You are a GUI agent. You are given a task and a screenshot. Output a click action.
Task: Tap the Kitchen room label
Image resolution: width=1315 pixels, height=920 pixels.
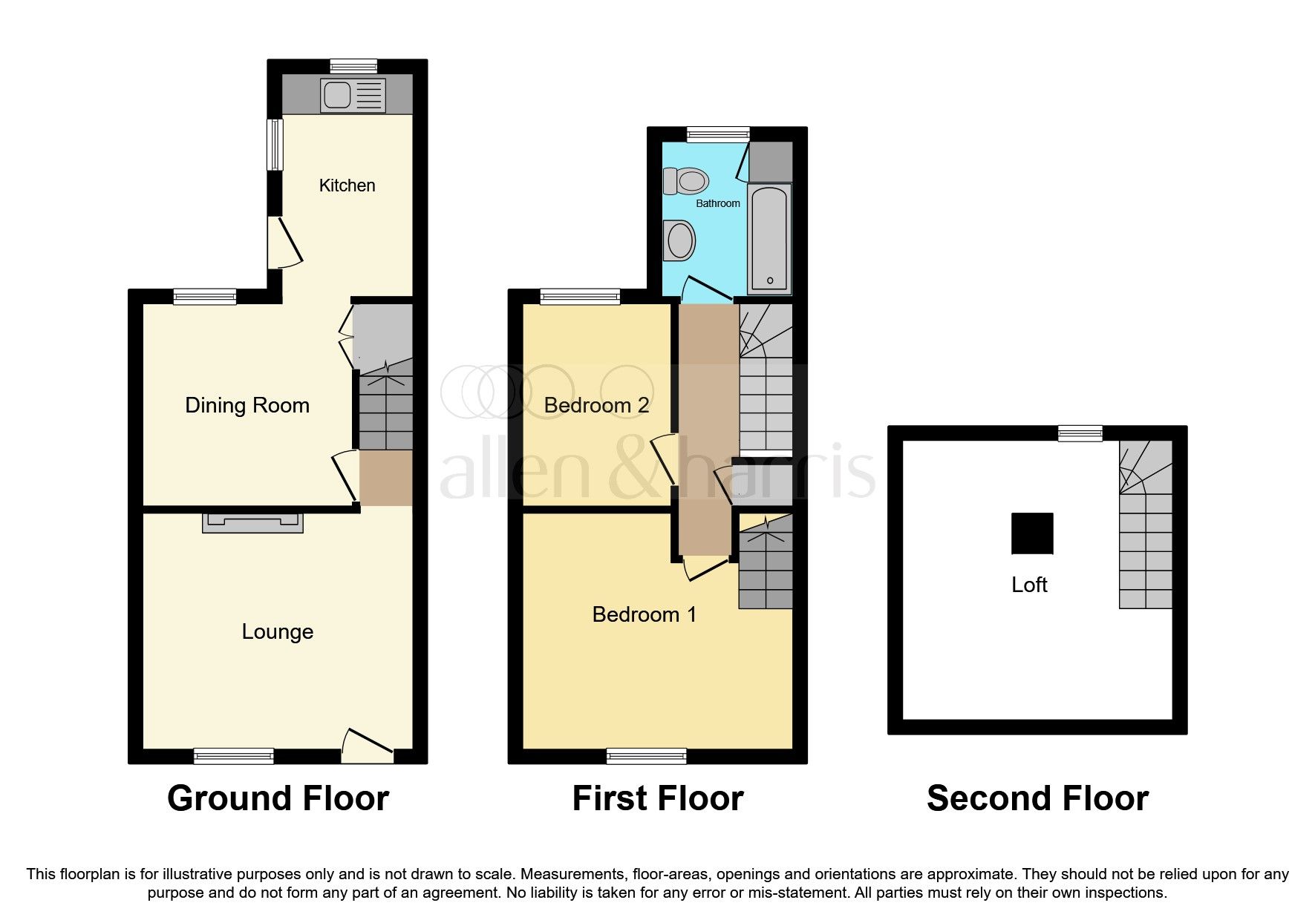pos(347,185)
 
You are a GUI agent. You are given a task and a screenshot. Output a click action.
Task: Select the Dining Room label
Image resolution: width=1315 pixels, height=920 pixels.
pos(247,405)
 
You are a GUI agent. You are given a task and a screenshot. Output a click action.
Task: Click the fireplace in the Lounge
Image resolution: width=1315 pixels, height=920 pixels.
pos(252,522)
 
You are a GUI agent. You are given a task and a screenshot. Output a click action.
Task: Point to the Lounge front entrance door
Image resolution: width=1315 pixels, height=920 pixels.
pos(367,746)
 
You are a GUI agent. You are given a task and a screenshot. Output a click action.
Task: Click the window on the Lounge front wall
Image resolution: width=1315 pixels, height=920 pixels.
pos(234,756)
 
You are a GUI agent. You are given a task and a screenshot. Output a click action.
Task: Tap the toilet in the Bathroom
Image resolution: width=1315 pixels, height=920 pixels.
pos(686,180)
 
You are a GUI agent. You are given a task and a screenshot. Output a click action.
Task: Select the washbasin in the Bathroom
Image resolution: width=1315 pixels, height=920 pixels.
pos(679,240)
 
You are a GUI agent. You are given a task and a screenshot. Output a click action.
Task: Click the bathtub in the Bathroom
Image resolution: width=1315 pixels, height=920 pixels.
pos(769,239)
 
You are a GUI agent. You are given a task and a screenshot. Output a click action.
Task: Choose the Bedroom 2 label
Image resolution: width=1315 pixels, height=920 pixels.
pos(596,405)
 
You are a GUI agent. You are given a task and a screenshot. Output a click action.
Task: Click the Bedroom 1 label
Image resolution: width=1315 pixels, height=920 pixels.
pos(644,614)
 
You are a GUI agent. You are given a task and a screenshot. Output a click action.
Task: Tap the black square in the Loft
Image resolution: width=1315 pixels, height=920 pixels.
pos(1032,533)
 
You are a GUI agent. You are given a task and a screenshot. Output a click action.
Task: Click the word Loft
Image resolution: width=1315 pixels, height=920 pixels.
pos(1029,585)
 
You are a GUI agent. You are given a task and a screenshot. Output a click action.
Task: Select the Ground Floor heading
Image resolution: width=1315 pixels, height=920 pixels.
pos(278,798)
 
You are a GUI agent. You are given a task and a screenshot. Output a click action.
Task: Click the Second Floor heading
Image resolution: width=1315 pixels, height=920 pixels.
pos(1037,798)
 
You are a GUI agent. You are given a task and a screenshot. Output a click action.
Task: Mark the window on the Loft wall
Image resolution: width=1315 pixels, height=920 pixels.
pos(1080,433)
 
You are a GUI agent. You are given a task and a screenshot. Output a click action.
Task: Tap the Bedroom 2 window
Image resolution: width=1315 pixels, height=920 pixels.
pos(580,297)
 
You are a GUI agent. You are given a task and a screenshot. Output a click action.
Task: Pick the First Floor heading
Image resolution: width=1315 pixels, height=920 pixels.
pos(657,798)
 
